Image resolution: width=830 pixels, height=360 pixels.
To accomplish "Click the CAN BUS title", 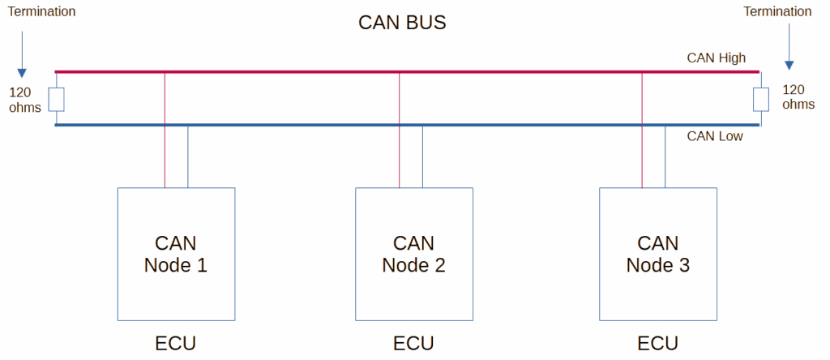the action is tap(402, 23).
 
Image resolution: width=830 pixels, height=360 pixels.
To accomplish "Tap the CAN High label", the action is tap(717, 58).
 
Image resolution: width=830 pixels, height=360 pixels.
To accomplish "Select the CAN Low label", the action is tap(715, 136).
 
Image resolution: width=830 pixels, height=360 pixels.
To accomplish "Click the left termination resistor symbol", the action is tap(57, 100).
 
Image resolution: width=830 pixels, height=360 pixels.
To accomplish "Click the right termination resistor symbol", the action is tap(761, 100).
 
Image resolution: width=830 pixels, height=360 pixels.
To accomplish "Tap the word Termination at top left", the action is tap(41, 11).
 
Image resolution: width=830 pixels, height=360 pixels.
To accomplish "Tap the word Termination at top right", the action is tap(777, 11).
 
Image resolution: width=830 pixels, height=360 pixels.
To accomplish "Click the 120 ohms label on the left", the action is tap(25, 100).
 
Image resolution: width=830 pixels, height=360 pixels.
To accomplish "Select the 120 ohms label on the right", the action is tap(798, 96).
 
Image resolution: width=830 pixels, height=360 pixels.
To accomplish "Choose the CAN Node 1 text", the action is tap(175, 254).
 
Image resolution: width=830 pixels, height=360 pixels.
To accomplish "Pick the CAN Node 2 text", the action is tap(413, 254).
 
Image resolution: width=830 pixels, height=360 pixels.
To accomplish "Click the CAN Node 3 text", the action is tap(657, 254).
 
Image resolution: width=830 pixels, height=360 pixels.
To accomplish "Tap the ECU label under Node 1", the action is tap(176, 344).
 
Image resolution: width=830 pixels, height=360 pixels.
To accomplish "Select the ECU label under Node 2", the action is tap(413, 344).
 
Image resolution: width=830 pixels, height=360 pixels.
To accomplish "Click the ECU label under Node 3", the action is tap(658, 344).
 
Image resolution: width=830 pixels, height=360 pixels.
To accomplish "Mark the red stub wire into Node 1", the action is tap(165, 131).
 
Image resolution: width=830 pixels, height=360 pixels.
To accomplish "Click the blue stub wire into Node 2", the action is tap(422, 156).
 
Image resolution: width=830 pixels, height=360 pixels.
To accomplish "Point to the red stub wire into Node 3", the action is tap(642, 131).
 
